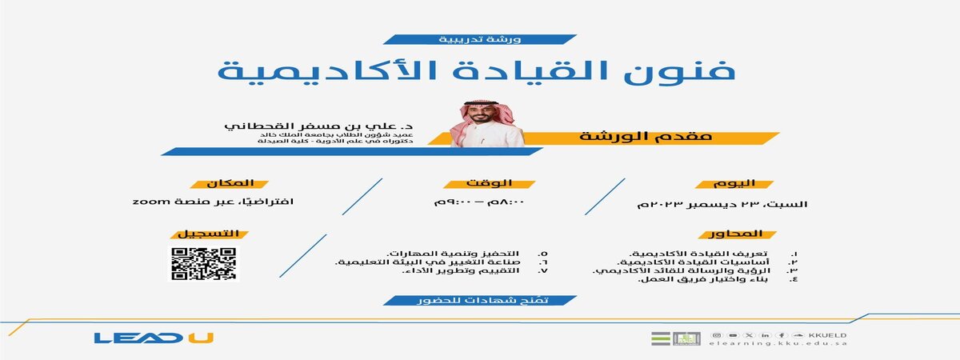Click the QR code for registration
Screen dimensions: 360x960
(204, 264)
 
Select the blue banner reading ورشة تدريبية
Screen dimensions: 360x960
(478, 38)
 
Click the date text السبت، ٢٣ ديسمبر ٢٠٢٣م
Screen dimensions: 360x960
(722, 203)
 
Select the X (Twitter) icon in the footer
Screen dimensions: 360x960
(748, 335)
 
